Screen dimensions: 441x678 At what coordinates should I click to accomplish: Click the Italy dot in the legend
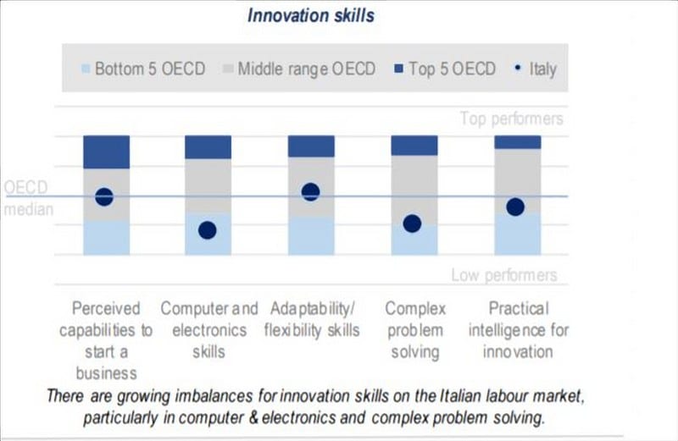pos(516,69)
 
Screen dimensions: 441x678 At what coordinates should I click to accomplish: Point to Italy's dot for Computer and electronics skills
pos(208,229)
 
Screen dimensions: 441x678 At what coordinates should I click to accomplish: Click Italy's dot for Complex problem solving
pos(413,223)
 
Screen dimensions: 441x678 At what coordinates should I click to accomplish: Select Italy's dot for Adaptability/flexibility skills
pos(310,191)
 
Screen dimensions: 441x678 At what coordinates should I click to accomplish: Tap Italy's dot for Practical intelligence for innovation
pos(515,207)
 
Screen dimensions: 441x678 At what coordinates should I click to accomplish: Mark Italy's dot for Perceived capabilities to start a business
pos(104,196)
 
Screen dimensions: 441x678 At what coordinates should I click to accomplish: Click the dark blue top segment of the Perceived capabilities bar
pos(106,152)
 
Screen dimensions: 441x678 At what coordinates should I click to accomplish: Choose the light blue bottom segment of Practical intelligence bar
pos(517,234)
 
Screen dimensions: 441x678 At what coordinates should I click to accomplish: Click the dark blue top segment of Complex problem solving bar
pos(414,145)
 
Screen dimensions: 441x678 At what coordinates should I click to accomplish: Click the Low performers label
pos(503,275)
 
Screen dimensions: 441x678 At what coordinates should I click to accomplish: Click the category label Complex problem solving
pos(415,330)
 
